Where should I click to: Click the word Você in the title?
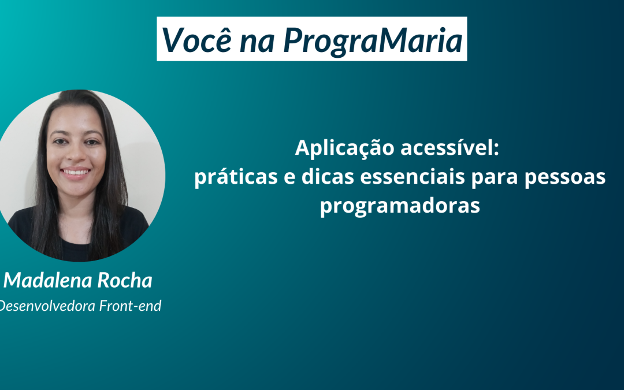(196, 39)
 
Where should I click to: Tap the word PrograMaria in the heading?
(373, 40)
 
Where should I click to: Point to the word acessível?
(450, 148)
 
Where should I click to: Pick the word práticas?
(236, 177)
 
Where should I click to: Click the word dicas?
(328, 176)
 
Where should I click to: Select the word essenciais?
(413, 177)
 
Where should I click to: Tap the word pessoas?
(564, 178)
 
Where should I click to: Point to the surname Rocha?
(125, 280)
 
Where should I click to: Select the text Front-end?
(130, 306)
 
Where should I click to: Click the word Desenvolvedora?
(47, 306)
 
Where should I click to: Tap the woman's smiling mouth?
(76, 173)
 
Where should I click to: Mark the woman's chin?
(76, 190)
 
